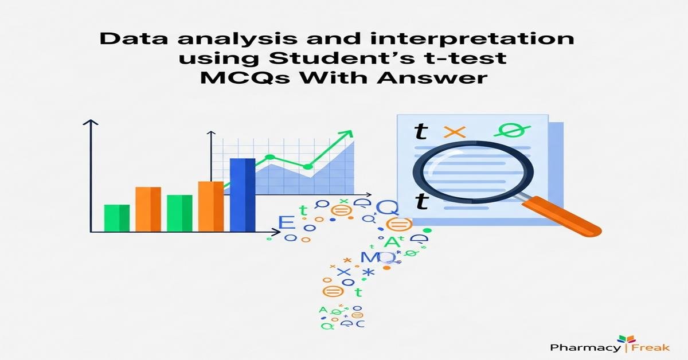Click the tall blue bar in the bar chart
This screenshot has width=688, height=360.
[242, 194]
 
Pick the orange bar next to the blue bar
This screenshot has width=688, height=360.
[210, 206]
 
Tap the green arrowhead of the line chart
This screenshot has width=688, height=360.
[346, 136]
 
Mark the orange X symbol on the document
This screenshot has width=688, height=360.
[455, 131]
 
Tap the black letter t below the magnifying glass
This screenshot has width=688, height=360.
[421, 201]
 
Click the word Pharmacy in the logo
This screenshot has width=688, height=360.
[584, 347]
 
